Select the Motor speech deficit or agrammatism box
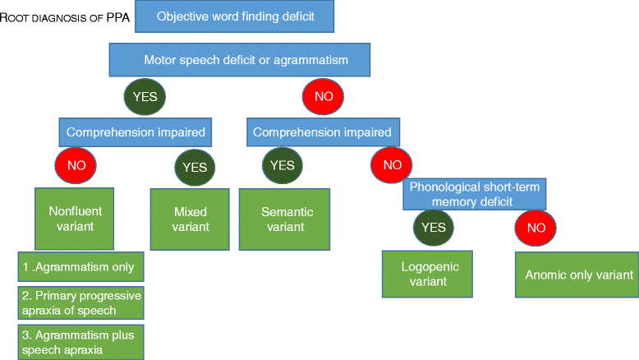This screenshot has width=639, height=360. click(x=240, y=59)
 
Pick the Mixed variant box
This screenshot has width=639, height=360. click(x=191, y=219)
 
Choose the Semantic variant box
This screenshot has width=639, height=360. click(x=284, y=219)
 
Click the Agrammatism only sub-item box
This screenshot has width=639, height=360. click(x=80, y=267)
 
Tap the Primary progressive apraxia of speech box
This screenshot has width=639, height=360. click(x=80, y=303)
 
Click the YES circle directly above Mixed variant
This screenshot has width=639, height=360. click(x=195, y=167)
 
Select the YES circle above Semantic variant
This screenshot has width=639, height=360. click(x=282, y=165)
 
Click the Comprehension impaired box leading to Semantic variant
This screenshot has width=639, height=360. click(x=325, y=132)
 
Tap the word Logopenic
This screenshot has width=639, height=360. click(x=425, y=267)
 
